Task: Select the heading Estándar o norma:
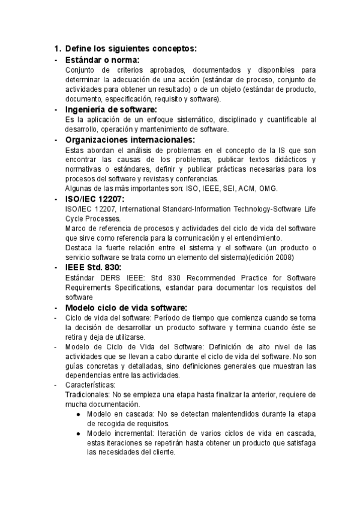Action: (x=102, y=60)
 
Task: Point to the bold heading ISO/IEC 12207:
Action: (x=95, y=198)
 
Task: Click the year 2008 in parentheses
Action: (x=282, y=257)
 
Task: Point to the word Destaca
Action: (x=80, y=248)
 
